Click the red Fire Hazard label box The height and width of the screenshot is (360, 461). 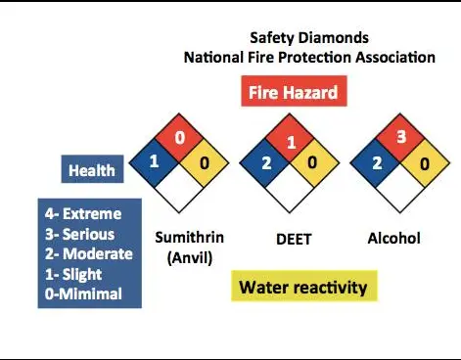coord(294,91)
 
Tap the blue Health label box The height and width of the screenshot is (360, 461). coord(92,169)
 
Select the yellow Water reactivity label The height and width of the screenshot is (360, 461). coord(304,286)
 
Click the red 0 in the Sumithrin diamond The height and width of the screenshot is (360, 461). coord(179,138)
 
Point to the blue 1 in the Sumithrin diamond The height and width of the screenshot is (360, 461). coord(154,161)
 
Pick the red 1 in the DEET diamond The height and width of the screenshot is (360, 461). coord(292,143)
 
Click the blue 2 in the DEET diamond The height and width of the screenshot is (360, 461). coord(266,163)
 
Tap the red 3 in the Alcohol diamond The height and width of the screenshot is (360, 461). coord(401,137)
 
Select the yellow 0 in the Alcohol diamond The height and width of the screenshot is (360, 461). coord(425,164)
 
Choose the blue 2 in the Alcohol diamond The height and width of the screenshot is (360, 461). coord(377,163)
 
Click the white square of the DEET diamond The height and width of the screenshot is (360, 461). coord(290,188)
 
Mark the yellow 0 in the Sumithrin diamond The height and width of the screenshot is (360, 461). coord(205,163)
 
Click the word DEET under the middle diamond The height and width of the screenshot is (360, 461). coord(294,239)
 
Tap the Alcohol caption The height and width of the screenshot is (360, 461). coord(393,239)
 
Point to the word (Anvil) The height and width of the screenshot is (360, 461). coord(190,258)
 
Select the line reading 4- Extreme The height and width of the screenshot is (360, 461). coord(83,214)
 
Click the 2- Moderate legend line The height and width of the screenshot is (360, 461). coord(89,254)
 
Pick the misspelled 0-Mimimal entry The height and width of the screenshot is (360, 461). coord(83,293)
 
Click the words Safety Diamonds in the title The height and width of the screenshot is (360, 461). coord(309,38)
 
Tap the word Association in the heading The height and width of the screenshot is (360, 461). coord(395,58)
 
